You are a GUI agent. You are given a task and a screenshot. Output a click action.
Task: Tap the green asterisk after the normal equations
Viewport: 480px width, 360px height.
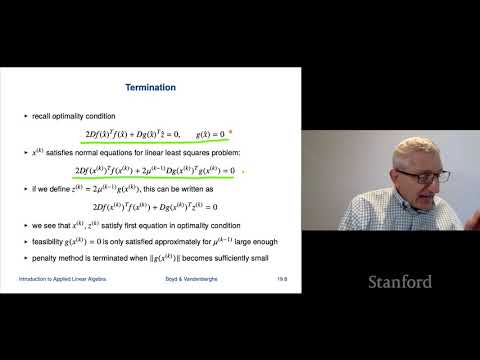tap(244, 171)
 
